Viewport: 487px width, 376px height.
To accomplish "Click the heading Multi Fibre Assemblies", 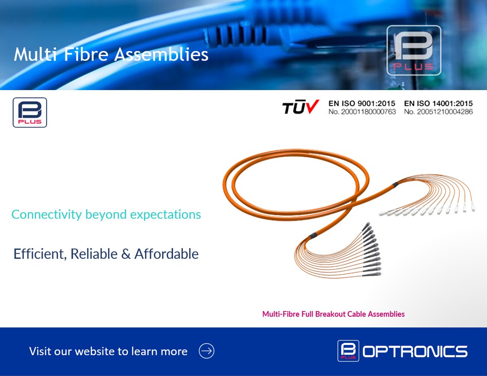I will (x=111, y=55).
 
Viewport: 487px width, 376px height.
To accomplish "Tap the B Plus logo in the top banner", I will (x=413, y=50).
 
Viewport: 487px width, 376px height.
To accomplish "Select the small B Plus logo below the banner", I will (x=30, y=112).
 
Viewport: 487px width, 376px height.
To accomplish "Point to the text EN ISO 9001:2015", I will (x=362, y=104).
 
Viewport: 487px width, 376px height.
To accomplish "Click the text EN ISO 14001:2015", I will (x=438, y=104).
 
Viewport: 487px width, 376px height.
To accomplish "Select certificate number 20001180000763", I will (x=362, y=112).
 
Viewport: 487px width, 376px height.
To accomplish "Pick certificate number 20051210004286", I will (x=438, y=112).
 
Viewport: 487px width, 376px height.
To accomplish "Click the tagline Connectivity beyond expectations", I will (x=106, y=214).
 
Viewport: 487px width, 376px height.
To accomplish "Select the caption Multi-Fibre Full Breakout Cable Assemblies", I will (x=333, y=314).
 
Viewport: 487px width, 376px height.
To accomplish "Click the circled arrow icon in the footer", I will (x=207, y=351).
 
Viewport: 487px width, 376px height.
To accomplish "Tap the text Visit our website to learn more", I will (x=108, y=351).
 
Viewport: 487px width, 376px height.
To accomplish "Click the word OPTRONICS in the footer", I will (x=415, y=351).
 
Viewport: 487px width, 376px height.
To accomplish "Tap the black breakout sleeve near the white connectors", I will (x=395, y=184).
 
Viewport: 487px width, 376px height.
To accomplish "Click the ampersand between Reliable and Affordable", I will (x=126, y=254).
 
